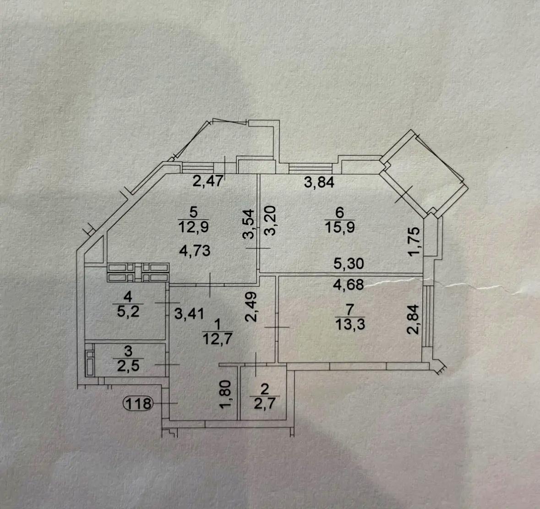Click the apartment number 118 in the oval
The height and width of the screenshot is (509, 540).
click(138, 403)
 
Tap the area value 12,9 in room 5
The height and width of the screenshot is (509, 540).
click(194, 227)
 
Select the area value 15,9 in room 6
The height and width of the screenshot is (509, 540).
click(339, 227)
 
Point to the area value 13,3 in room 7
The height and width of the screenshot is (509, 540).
click(350, 324)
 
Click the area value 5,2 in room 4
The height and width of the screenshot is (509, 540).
click(128, 312)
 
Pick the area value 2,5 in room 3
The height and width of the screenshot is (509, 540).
click(128, 366)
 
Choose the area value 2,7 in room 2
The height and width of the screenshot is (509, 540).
click(264, 403)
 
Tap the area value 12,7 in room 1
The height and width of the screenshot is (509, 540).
click(218, 339)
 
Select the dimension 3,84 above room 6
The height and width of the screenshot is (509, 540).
click(319, 182)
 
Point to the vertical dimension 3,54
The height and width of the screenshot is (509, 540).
click(249, 224)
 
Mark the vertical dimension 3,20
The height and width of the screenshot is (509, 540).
click(270, 220)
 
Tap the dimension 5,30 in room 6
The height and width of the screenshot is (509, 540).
click(349, 264)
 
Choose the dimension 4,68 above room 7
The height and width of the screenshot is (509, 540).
click(349, 285)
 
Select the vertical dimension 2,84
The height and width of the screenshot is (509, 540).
click(413, 319)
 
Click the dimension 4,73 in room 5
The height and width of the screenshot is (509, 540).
click(195, 251)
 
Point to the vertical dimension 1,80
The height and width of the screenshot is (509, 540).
click(225, 394)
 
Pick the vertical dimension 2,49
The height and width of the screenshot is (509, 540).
click(251, 307)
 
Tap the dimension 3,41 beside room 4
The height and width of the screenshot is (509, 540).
click(189, 314)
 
